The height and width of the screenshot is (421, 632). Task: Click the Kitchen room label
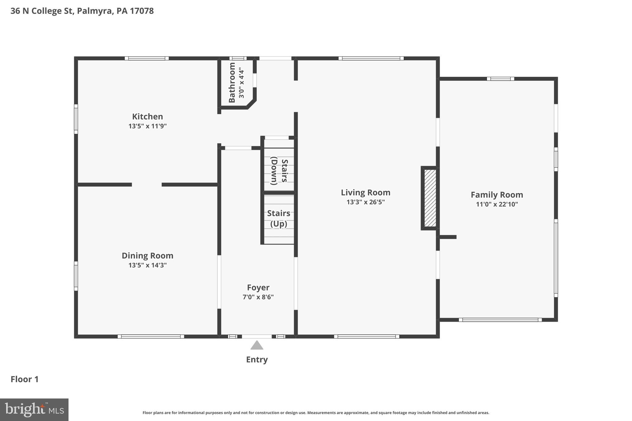[148, 117]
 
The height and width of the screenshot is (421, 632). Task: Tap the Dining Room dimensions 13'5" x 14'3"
[148, 265]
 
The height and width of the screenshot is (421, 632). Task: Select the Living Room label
[365, 193]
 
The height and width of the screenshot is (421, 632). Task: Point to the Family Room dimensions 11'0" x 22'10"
[497, 204]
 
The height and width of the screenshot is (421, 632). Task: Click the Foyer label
[258, 287]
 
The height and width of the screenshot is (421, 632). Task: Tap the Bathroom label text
[232, 82]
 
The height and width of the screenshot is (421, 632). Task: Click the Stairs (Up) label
[279, 218]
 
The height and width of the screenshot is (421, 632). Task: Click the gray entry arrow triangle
[257, 346]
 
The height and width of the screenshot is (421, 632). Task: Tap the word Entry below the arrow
[257, 360]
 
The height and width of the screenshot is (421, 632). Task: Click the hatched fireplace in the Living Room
[430, 198]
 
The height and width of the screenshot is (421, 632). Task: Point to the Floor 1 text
[25, 379]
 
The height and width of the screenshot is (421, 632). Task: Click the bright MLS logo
[34, 410]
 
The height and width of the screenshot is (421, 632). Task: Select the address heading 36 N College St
[82, 11]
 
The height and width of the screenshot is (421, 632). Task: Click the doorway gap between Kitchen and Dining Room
[147, 185]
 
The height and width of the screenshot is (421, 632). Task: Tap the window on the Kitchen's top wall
[147, 58]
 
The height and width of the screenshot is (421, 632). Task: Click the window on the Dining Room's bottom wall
[151, 336]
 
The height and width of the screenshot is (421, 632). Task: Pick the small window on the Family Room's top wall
[500, 79]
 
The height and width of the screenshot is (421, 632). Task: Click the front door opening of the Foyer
[257, 336]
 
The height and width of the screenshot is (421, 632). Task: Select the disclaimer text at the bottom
[316, 413]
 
